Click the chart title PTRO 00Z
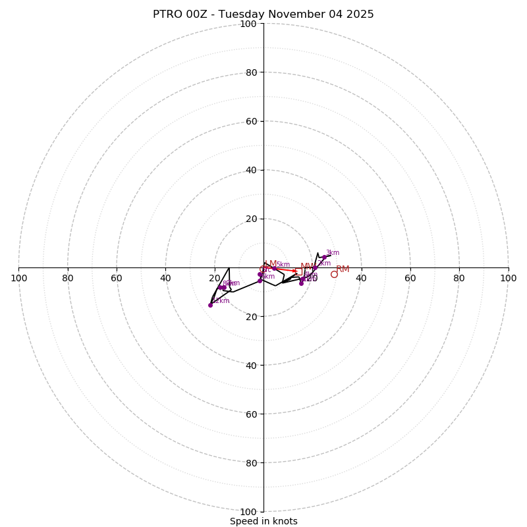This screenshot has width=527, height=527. click(x=263, y=14)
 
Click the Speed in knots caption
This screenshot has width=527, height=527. click(x=263, y=521)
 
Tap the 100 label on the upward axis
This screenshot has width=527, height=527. click(x=248, y=24)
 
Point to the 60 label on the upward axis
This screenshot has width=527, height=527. click(x=250, y=121)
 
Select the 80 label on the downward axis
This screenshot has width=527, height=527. click(x=250, y=462)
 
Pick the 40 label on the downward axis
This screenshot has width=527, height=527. click(x=250, y=365)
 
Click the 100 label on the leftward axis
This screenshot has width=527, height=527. click(x=19, y=278)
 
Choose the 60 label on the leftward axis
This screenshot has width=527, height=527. click(x=117, y=278)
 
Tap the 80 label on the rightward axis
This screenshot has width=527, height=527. click(x=459, y=278)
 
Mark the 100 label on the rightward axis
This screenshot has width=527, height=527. click(x=508, y=278)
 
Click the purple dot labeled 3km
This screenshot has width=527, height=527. click(x=324, y=258)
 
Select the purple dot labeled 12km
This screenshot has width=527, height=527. click(x=210, y=305)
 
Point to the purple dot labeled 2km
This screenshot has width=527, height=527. click(x=315, y=267)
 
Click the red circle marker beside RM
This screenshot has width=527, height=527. click(x=334, y=274)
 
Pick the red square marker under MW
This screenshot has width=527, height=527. click(x=298, y=271)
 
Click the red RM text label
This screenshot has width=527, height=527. click(x=343, y=269)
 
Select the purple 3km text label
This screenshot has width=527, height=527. click(x=333, y=253)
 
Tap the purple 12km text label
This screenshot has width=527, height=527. click(x=221, y=301)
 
